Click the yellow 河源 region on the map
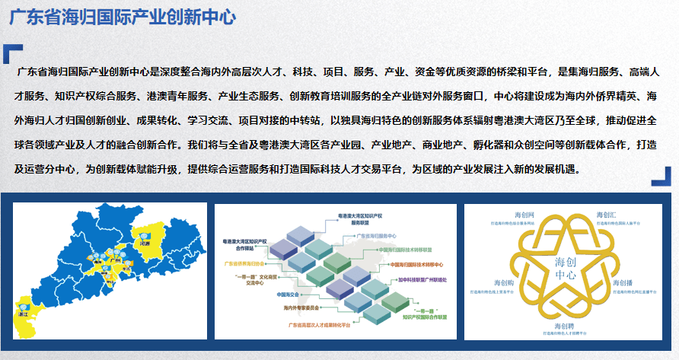147,233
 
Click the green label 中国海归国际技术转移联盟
410,249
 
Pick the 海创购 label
503,283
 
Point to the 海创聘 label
564,327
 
